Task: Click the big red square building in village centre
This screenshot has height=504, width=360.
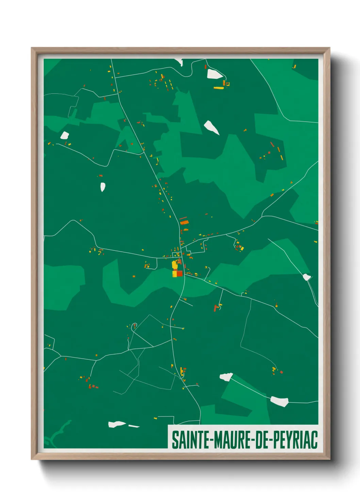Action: point(179,273)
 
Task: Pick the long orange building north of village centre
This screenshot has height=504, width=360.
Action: point(184,222)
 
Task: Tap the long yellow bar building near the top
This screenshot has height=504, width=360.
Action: point(218,88)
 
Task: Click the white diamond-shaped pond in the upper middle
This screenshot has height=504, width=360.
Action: point(211,127)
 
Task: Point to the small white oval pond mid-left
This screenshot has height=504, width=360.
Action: point(103,187)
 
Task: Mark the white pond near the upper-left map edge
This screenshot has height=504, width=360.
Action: point(65,135)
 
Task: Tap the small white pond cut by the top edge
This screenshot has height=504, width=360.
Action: point(179,62)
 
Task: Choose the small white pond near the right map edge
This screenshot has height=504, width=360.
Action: point(307,277)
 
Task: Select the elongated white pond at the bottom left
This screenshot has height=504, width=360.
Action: point(116,424)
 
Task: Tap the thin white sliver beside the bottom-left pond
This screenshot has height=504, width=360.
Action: point(134,426)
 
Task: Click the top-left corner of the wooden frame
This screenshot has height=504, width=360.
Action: point(32,48)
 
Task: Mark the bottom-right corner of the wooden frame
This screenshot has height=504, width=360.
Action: point(329,459)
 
